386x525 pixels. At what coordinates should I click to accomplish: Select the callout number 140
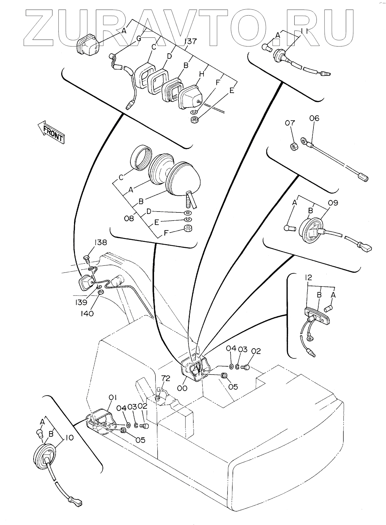click(87, 313)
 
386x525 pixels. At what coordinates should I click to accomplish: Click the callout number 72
click(165, 378)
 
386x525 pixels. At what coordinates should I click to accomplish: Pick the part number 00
click(182, 388)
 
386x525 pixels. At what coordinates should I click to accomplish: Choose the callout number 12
click(308, 278)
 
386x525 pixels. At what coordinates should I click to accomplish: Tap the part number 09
click(333, 203)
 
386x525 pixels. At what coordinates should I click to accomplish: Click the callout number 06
click(314, 118)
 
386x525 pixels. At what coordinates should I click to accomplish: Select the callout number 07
click(290, 123)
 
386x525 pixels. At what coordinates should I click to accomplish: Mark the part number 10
click(69, 438)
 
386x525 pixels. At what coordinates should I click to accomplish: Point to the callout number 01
click(112, 398)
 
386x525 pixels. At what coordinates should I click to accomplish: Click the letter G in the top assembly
click(139, 39)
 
